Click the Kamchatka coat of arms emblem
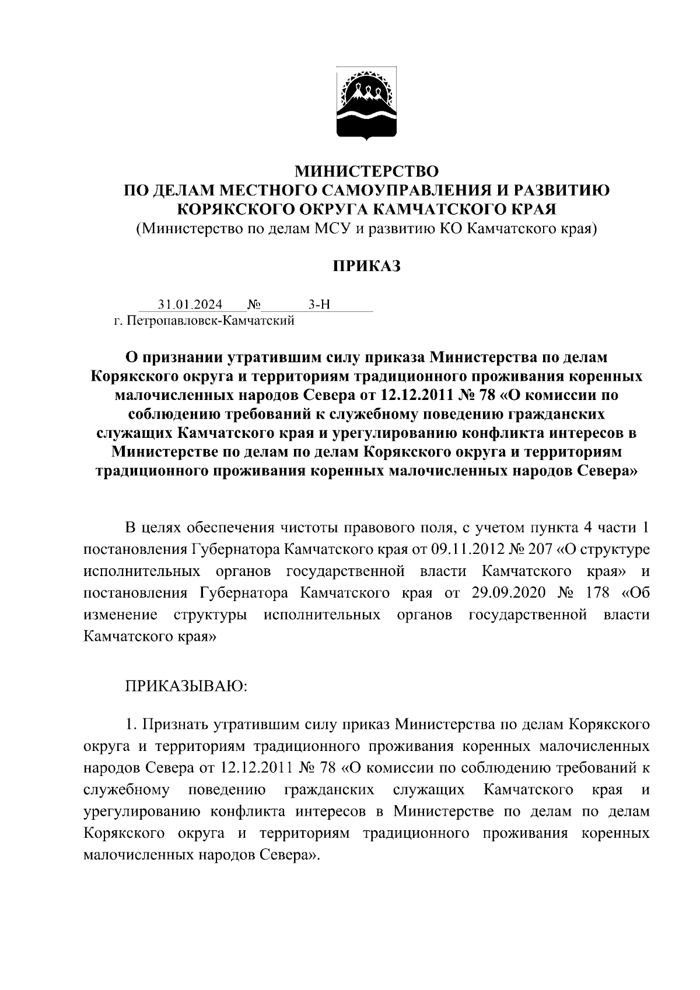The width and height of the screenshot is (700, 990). (366, 105)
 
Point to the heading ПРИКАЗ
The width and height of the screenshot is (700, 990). (366, 266)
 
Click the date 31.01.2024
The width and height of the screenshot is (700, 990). (190, 304)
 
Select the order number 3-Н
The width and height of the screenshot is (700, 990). (319, 304)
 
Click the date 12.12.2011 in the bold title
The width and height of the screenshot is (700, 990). (414, 395)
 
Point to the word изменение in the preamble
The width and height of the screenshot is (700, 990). (120, 615)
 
